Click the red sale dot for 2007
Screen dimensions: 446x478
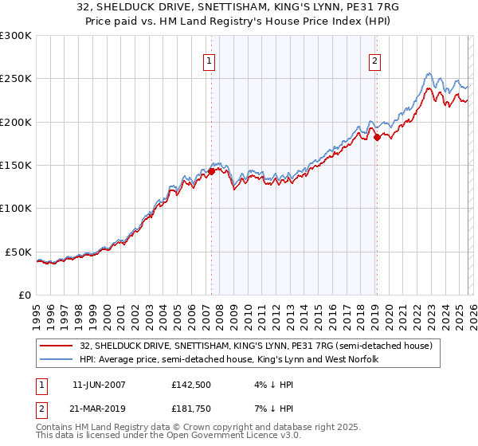click(x=211, y=170)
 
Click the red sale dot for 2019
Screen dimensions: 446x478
click(x=377, y=137)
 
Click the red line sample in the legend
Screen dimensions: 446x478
click(x=57, y=346)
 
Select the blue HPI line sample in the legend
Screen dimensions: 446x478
click(x=57, y=359)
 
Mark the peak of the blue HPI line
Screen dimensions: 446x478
click(x=429, y=73)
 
